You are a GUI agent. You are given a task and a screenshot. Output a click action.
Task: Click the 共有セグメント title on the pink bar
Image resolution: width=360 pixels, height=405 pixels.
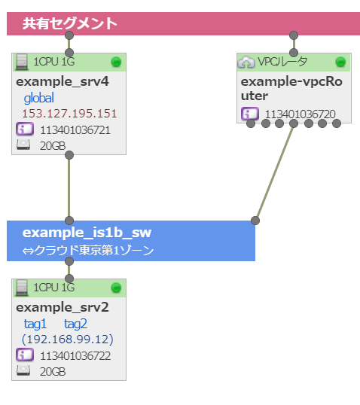coord(70,23)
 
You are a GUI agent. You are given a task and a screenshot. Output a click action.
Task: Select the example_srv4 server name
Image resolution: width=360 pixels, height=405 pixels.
coord(63,81)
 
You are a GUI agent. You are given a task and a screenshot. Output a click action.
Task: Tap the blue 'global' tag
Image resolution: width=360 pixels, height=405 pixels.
coord(38,98)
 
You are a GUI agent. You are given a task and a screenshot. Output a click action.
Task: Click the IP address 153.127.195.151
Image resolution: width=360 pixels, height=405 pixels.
coord(69,114)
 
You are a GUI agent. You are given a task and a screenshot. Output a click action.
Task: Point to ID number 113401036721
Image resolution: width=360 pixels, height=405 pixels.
coord(75,130)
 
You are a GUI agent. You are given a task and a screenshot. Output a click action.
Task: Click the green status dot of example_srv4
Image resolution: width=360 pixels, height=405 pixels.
coord(116,62)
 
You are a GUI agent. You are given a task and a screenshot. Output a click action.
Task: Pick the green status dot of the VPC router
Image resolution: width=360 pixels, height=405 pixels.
coord(340,62)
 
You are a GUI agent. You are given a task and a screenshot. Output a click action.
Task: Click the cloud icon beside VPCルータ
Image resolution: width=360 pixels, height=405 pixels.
coord(246,62)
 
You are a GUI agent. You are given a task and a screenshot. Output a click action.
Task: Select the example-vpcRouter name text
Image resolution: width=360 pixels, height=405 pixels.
coord(291,89)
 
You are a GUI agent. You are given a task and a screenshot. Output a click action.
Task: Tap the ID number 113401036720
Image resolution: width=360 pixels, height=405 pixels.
coord(301,114)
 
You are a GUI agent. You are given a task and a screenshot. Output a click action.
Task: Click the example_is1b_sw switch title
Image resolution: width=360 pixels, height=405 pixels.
coord(87,233)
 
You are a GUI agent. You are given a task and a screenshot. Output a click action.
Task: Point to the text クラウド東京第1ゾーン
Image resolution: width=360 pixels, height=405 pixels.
coord(94,250)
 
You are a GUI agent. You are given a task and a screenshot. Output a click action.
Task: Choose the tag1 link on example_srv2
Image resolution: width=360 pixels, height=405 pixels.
coord(35,324)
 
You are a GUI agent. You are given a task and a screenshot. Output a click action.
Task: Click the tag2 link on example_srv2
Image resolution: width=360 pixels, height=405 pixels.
coord(75,324)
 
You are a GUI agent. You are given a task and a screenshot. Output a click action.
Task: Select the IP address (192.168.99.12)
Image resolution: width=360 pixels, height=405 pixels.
coord(68,340)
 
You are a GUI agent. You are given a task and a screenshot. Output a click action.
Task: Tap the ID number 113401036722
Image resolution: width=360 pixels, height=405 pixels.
coord(75,355)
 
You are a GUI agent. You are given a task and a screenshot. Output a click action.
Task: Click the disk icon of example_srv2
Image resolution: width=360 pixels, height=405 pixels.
coord(23,370)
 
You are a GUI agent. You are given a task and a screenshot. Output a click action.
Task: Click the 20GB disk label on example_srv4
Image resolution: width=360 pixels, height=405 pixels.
coord(53,146)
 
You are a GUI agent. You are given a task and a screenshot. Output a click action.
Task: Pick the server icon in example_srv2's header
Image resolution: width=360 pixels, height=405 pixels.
coord(22,288)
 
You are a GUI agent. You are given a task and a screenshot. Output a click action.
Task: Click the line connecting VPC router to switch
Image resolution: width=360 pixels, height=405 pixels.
coord(274,172)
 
